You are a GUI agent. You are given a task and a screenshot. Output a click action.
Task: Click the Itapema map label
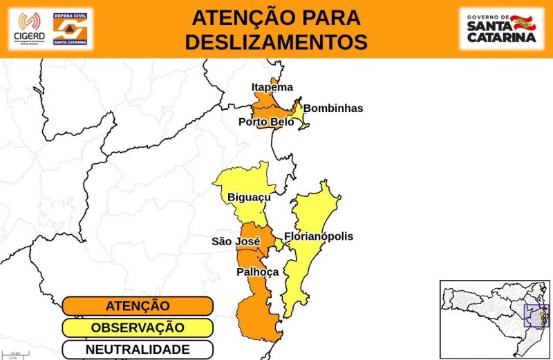tap(272, 87)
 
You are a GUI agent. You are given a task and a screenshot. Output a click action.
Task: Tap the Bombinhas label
tap(332, 108)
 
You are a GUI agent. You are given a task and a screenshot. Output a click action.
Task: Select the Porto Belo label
tap(266, 122)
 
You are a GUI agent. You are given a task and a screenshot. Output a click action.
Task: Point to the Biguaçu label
tap(249, 198)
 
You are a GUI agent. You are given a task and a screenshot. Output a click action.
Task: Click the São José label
tap(235, 241)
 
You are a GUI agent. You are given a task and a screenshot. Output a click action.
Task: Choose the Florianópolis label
tap(318, 236)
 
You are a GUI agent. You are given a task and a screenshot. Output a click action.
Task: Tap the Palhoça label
tap(257, 272)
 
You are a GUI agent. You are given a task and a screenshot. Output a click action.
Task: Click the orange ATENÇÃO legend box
tap(138, 306)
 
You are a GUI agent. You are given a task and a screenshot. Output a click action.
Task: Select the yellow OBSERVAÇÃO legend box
tap(138, 328)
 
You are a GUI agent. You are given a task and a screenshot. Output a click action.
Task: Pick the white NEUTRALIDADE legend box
tap(138, 349)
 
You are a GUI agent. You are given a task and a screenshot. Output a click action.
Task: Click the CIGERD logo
tap(28, 29)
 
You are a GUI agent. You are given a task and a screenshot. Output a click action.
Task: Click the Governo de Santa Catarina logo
tap(502, 28)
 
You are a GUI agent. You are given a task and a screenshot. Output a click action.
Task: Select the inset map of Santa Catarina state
tap(495, 319)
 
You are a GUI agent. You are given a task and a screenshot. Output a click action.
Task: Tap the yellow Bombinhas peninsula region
tap(300, 114)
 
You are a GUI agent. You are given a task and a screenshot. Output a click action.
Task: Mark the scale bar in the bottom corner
tap(15, 355)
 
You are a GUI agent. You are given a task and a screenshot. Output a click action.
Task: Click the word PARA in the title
tap(331, 17)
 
